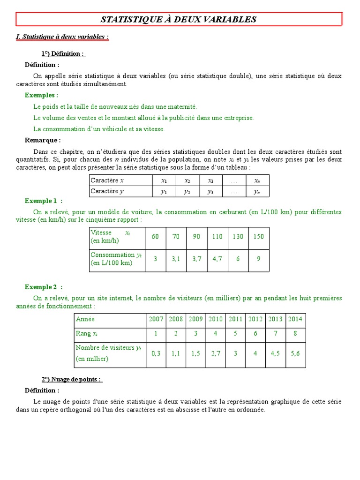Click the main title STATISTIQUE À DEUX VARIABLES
tap(179, 19)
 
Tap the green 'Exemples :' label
tap(42, 95)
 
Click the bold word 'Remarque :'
tap(43, 140)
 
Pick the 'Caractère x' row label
tap(107, 180)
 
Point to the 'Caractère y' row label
tap(107, 191)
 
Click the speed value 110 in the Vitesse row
tap(217, 237)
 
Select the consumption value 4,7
tap(217, 258)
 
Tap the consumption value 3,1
tap(176, 258)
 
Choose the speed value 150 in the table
tap(259, 237)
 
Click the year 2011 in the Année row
tap(235, 319)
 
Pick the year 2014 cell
tap(295, 319)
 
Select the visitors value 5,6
tap(295, 353)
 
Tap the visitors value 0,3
tap(156, 353)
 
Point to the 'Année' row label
tap(85, 319)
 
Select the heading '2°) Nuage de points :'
tap(71, 379)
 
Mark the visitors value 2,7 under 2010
tap(216, 353)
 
